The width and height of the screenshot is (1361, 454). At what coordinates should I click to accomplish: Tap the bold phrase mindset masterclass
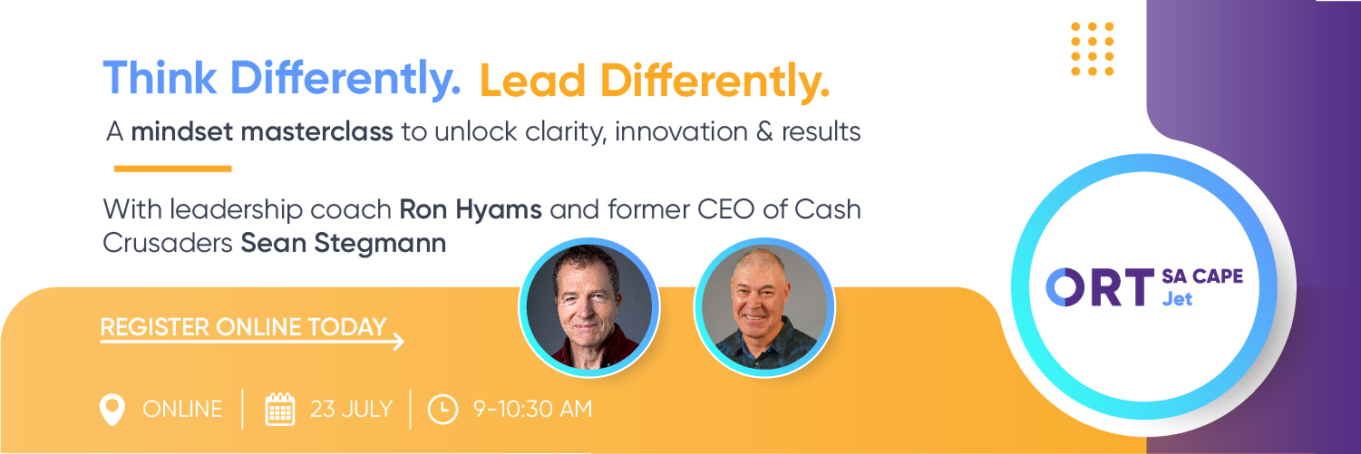tap(262, 132)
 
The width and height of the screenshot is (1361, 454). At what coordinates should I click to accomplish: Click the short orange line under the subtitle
tap(172, 169)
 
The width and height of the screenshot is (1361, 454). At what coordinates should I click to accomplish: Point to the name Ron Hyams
tap(471, 210)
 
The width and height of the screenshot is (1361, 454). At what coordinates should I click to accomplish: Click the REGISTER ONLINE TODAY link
tap(243, 327)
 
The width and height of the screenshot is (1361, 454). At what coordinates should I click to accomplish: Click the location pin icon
tap(112, 410)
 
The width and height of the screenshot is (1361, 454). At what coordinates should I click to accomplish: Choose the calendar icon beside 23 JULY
tap(279, 410)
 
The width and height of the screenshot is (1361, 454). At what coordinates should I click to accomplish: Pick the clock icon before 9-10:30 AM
tap(442, 410)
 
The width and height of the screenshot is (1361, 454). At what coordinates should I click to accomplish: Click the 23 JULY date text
tap(351, 410)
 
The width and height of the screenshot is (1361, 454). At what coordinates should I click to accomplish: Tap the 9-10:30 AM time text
tap(532, 410)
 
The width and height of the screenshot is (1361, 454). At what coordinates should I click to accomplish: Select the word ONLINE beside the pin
tap(182, 410)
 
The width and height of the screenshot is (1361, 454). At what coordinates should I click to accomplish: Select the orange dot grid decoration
tap(1092, 48)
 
